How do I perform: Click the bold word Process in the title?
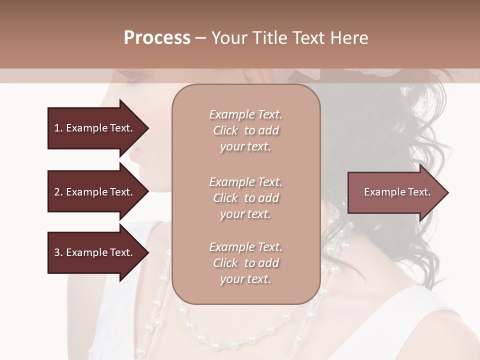[156, 38]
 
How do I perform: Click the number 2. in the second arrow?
[58, 192]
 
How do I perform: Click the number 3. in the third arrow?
[58, 252]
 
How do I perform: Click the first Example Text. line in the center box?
[245, 114]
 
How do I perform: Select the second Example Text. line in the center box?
[245, 182]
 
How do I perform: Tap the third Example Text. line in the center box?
[245, 247]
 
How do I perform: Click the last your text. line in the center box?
[245, 279]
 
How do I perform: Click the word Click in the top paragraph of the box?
[225, 130]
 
